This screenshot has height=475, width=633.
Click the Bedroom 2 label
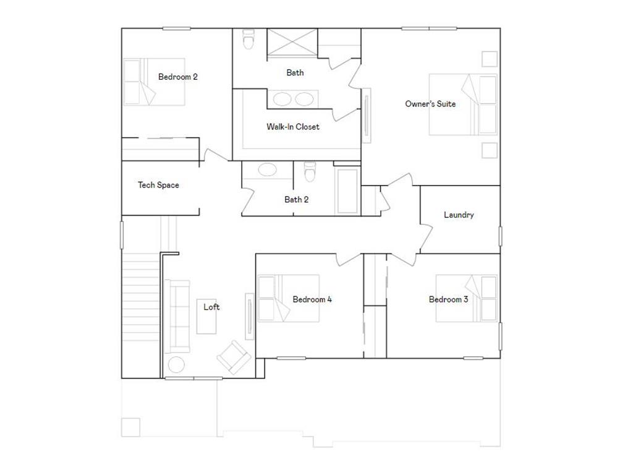(177, 77)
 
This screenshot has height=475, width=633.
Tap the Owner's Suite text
(430, 104)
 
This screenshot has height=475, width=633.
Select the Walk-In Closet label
(293, 127)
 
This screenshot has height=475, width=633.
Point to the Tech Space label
(158, 185)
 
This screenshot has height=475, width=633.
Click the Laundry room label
(459, 215)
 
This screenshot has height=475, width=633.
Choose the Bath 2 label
(297, 199)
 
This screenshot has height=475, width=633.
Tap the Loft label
(211, 307)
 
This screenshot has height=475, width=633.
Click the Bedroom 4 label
(312, 299)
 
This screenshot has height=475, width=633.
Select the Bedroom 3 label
(448, 299)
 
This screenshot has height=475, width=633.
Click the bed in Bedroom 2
(155, 82)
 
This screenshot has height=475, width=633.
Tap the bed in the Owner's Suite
(463, 105)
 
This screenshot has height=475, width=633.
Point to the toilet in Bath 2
(310, 171)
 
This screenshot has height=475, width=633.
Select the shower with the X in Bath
(291, 43)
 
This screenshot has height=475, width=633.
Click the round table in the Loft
(176, 364)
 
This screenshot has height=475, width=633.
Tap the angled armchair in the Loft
(233, 357)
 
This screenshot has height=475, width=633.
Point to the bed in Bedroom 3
(467, 299)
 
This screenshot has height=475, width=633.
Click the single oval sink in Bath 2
(268, 170)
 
